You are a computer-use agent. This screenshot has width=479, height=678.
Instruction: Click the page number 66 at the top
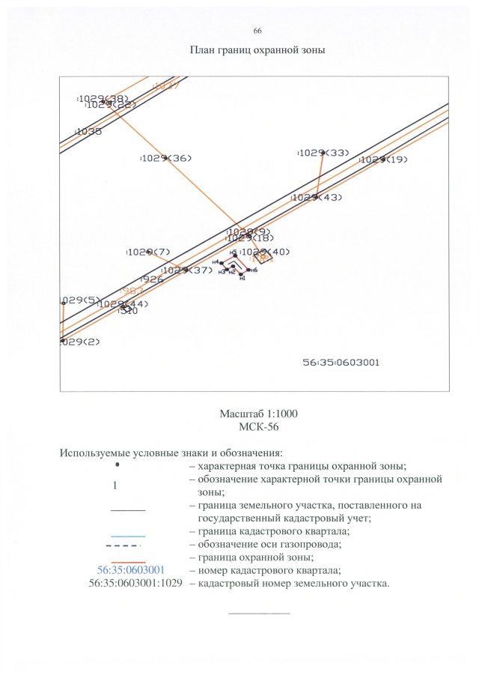pos(257,31)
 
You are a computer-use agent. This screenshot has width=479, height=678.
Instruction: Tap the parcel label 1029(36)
pos(167,158)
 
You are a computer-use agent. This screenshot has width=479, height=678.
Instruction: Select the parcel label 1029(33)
pos(323,153)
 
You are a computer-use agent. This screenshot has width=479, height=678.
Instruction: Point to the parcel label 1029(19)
pos(384,160)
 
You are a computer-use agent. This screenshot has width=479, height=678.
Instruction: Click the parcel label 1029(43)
pos(317,198)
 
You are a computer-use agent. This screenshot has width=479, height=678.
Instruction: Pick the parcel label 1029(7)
pos(149,252)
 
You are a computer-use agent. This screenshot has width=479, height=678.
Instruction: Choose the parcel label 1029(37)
pos(187,270)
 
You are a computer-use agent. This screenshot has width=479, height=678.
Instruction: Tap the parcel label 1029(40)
pos(266,252)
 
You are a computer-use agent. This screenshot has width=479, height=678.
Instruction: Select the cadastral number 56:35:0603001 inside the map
pos(341,362)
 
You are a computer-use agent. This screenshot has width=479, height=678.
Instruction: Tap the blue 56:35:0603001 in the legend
pos(131,572)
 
